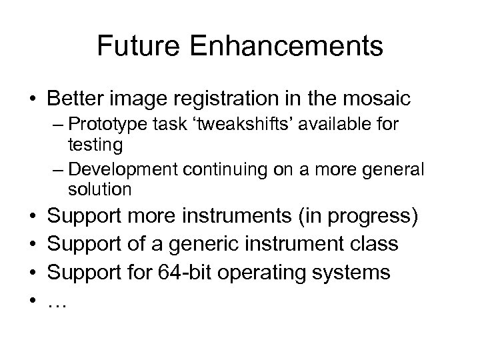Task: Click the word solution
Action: (x=99, y=189)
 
